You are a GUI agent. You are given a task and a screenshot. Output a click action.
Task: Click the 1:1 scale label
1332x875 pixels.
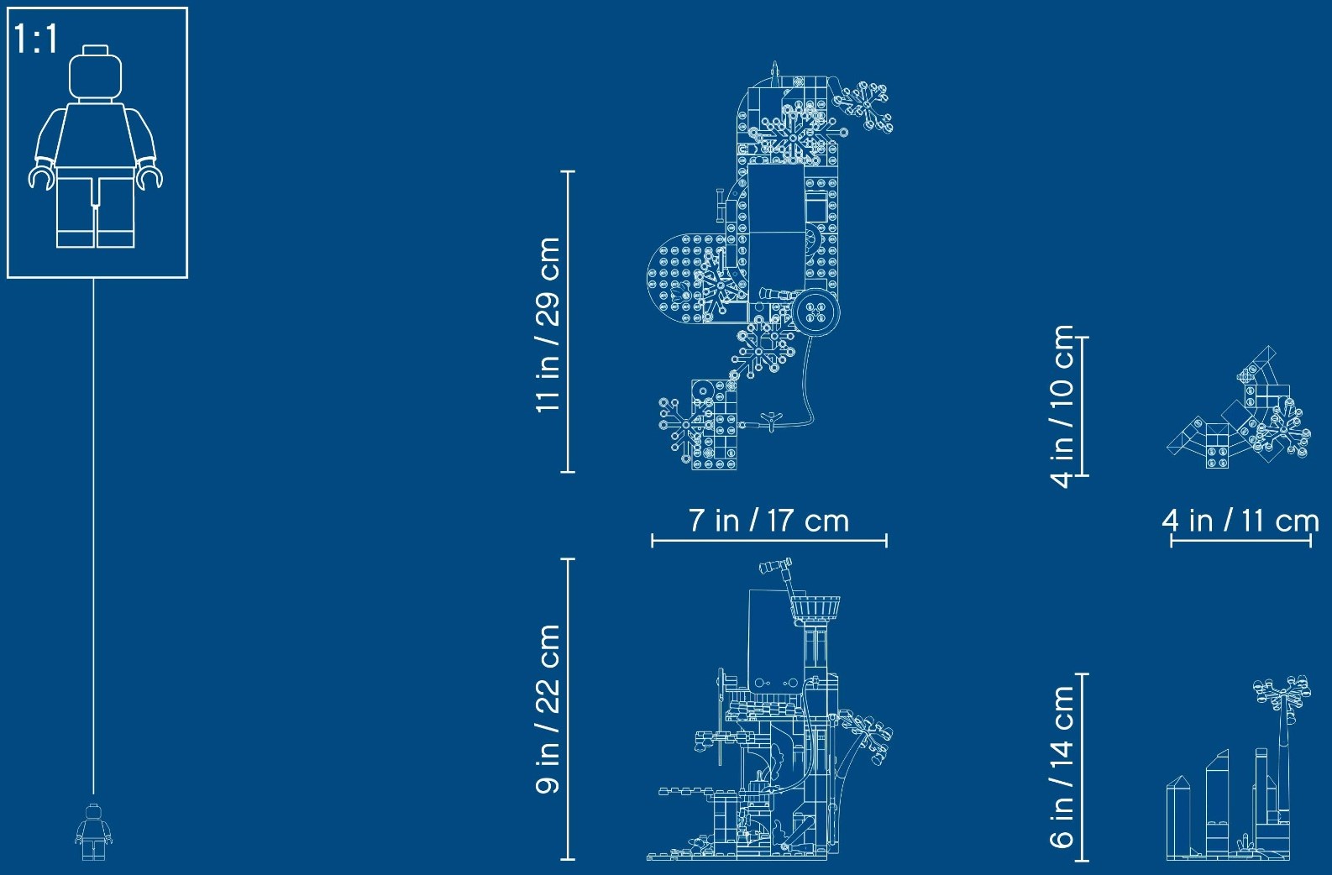coord(35,39)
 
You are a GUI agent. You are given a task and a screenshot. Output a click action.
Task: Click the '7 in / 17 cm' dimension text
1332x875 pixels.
coord(768,520)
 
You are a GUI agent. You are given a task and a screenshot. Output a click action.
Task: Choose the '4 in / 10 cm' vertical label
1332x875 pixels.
coord(1062,406)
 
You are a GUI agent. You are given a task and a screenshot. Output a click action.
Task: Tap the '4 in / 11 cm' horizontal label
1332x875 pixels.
coord(1241,521)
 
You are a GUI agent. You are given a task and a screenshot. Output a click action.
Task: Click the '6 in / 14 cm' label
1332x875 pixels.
coord(1062,767)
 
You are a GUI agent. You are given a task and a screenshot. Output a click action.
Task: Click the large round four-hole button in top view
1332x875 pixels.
coord(815,312)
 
